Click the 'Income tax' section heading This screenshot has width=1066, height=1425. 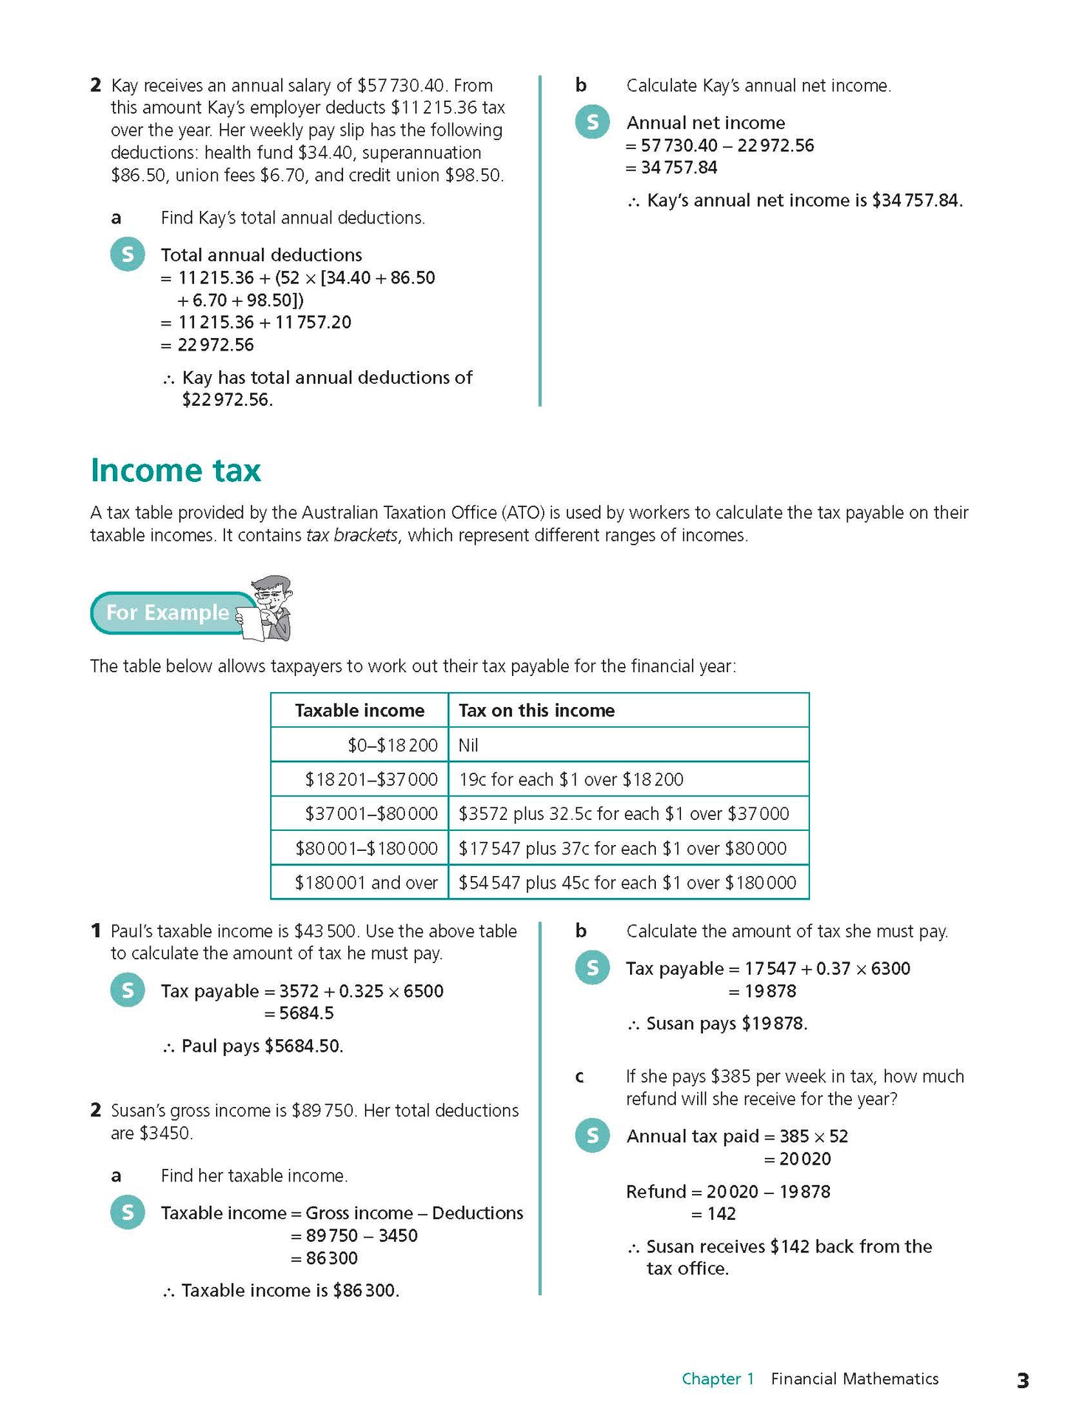click(176, 471)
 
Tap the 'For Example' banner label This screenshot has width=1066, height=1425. click(167, 613)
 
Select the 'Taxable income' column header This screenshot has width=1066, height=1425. click(359, 710)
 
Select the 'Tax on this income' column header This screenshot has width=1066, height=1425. click(536, 710)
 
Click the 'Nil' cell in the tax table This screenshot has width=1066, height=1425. click(468, 745)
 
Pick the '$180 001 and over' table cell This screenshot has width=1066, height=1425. click(366, 883)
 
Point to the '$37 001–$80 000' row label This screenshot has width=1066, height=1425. click(371, 813)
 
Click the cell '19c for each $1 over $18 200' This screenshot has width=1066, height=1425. click(571, 779)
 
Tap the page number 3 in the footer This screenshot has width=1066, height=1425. click(1022, 1380)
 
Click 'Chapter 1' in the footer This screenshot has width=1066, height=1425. click(717, 1379)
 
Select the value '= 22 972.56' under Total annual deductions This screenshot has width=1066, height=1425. click(207, 345)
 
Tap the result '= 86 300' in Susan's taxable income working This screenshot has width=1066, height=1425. click(325, 1257)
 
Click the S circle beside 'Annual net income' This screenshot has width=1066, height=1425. click(592, 122)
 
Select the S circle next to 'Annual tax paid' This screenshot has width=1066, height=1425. click(592, 1135)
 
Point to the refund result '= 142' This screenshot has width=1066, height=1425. click(713, 1213)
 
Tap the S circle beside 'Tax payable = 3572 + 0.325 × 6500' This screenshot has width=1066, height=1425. click(128, 990)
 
